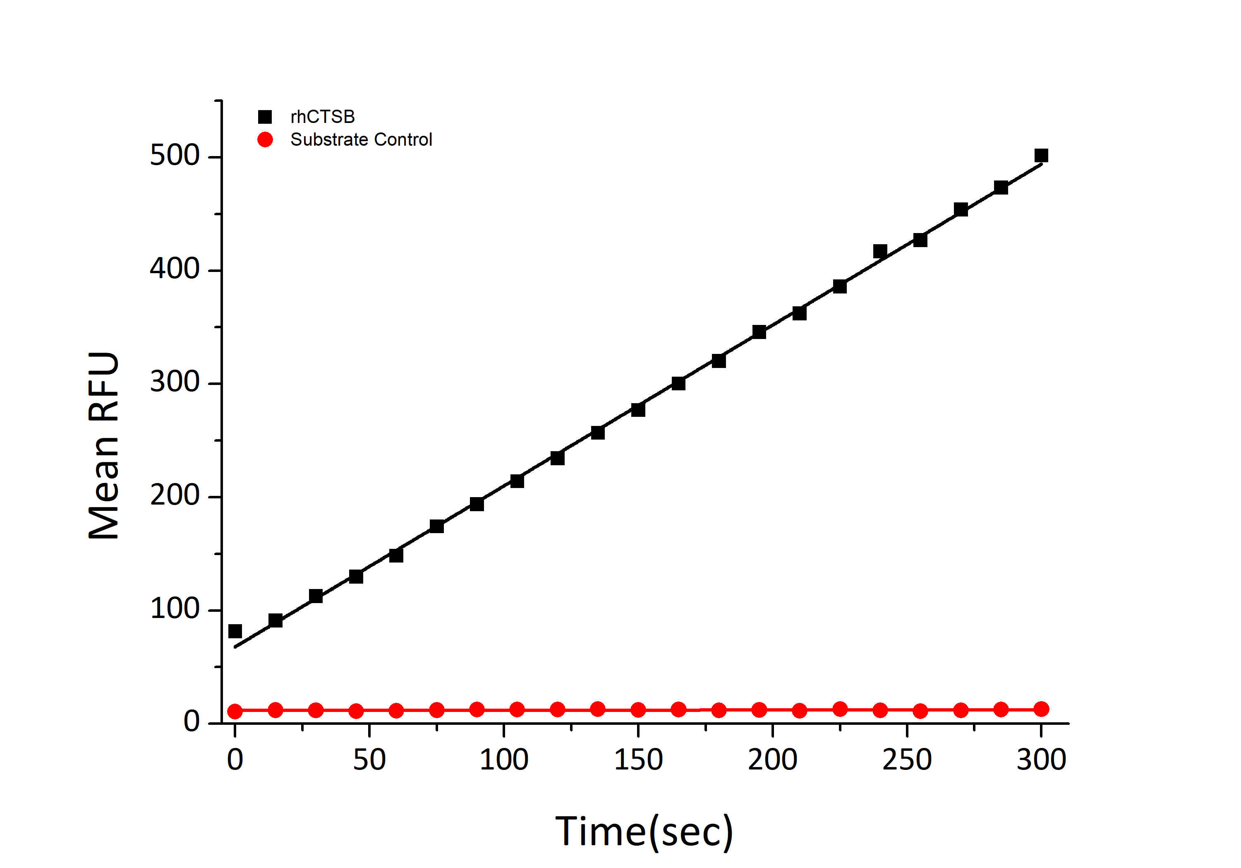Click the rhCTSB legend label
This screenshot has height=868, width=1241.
coord(322,117)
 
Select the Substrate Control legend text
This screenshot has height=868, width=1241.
coord(361,139)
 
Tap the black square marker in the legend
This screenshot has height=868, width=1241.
coord(265,117)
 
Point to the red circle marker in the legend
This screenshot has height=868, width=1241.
coord(265,139)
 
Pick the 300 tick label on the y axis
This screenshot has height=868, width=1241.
coord(175,382)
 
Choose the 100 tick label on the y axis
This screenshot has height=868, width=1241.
coord(175,609)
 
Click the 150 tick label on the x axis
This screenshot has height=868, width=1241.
coord(638,760)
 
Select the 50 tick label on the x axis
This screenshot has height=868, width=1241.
coord(369,760)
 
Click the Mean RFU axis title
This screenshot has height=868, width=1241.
coord(104,446)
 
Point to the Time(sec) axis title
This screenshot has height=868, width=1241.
coord(644,831)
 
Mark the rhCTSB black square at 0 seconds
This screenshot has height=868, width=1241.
coord(235,631)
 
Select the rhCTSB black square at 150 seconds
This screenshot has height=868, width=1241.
coord(638,410)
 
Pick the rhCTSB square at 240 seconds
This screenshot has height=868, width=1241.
coord(880,252)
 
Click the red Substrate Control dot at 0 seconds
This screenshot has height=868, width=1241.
coord(235,711)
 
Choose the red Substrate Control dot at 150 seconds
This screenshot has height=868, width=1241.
coord(638,709)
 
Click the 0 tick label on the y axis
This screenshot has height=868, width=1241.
coord(192,722)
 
